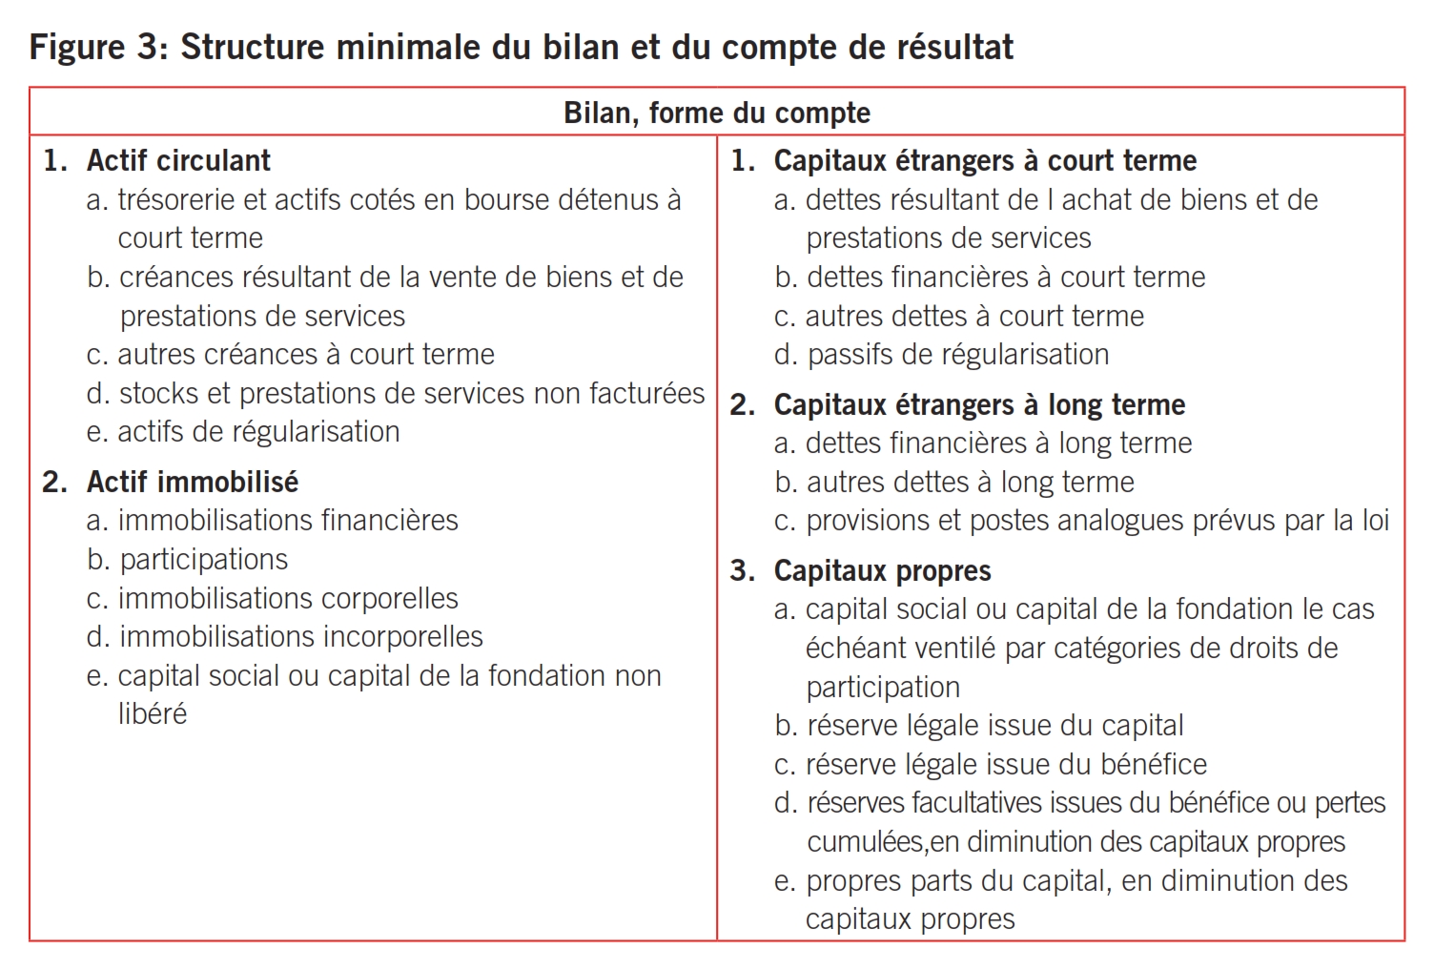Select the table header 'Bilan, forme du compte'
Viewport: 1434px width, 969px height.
coord(717,113)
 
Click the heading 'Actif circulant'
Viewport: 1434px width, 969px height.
coord(178,160)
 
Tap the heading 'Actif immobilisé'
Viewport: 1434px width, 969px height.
coord(192,482)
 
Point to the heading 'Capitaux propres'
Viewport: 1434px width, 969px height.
coord(882,570)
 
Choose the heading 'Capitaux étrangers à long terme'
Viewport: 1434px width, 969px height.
coord(979,404)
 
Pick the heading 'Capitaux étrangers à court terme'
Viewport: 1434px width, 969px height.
coord(985,160)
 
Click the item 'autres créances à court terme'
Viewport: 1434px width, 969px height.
coord(305,355)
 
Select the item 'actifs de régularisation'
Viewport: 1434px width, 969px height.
coord(257,432)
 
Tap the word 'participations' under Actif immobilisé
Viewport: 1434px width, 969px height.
coord(203,560)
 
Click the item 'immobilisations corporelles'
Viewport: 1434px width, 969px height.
coord(287,599)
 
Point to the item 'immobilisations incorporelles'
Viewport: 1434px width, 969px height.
coord(300,637)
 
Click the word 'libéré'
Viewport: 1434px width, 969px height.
coord(153,713)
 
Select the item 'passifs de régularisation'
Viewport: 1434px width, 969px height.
coord(957,355)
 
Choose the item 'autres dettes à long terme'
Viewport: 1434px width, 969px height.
coord(970,483)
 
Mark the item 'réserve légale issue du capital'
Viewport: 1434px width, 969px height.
coord(994,726)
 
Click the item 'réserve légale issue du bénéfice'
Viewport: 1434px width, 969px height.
coord(1006,765)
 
